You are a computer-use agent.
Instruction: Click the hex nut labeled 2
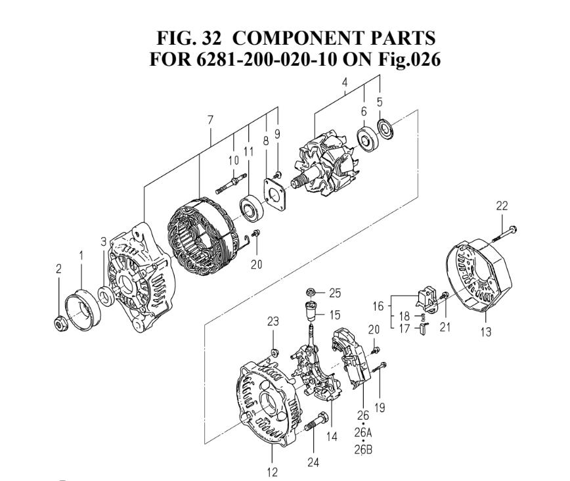[58, 322]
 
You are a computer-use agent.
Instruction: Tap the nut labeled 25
[309, 292]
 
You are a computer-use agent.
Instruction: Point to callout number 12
[271, 471]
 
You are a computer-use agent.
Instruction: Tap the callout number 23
[273, 321]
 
